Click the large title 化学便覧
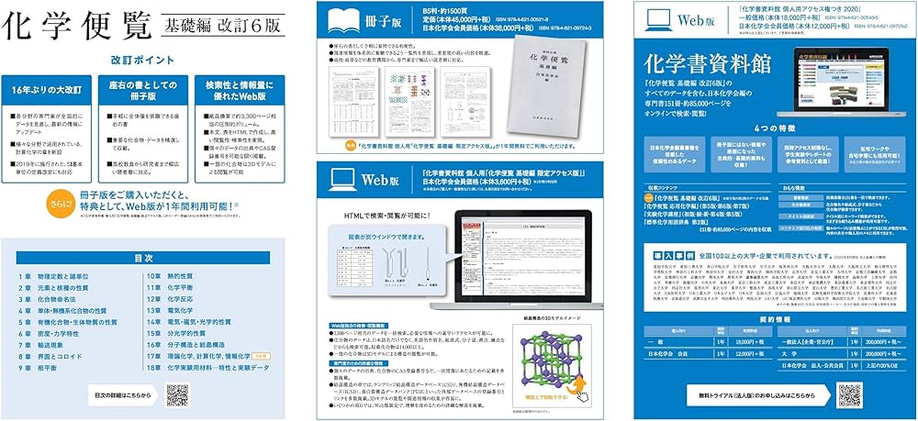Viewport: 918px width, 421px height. pos(77,26)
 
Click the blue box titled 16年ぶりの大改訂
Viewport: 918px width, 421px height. pos(50,91)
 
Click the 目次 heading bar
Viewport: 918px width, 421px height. pos(143,258)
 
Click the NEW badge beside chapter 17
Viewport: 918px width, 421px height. pos(260,354)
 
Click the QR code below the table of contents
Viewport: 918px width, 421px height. pos(177,395)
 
